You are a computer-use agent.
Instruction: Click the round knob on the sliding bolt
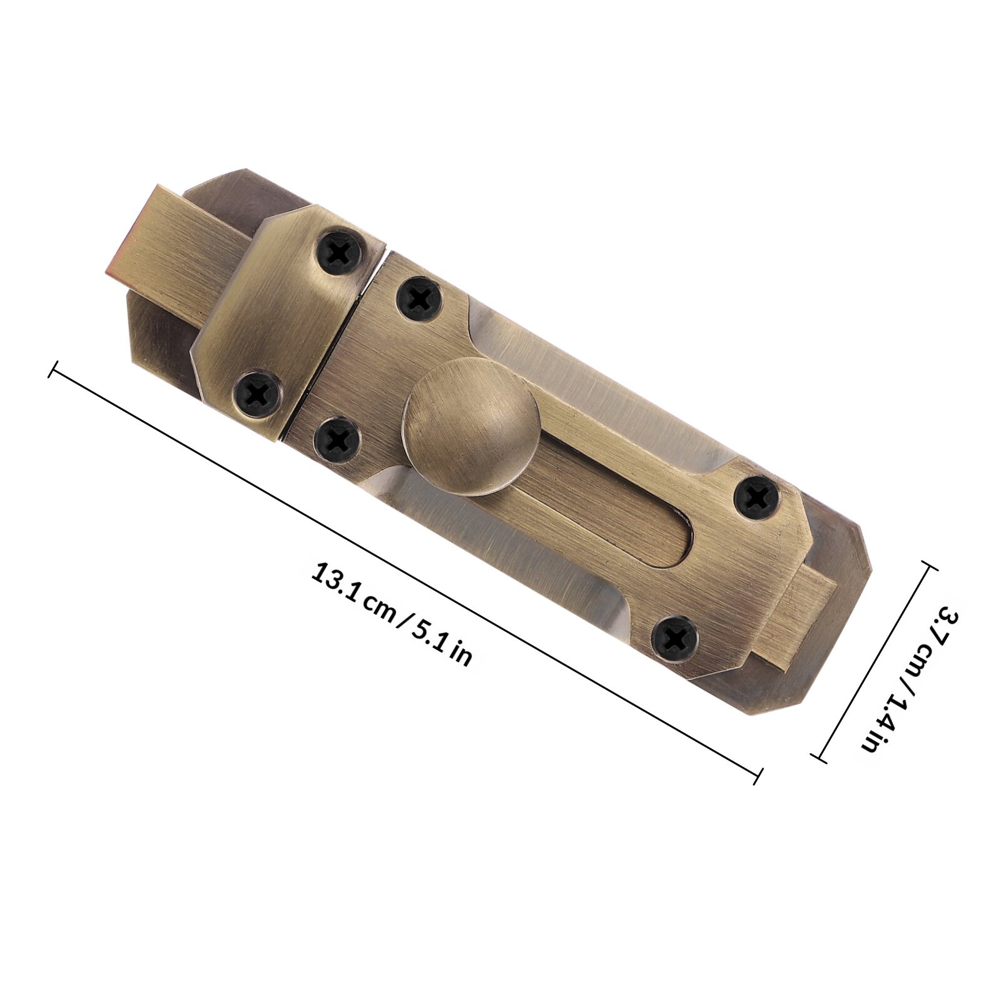pos(470,425)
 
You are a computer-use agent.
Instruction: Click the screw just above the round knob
pos(420,298)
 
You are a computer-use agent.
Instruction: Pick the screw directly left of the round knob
pos(337,439)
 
